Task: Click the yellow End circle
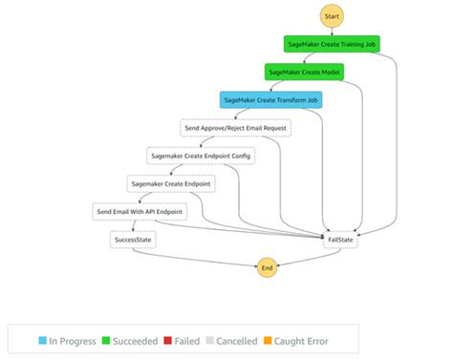click(x=267, y=268)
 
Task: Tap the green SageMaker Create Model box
click(x=303, y=71)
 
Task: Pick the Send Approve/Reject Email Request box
click(x=235, y=127)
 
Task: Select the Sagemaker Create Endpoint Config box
click(x=201, y=155)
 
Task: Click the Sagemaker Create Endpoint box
click(x=171, y=182)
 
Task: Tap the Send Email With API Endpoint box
click(x=140, y=211)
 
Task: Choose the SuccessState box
click(x=133, y=239)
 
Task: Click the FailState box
click(x=341, y=239)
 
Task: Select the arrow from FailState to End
click(x=306, y=256)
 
